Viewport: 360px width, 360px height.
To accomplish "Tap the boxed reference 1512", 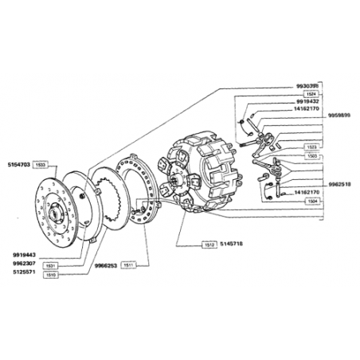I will click(x=209, y=243).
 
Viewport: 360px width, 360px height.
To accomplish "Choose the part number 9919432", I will click(x=306, y=102).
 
